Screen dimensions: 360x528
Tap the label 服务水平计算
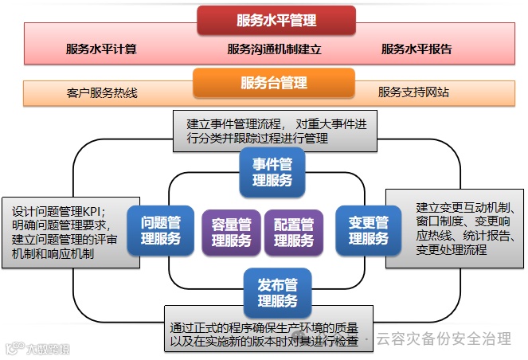(x=101, y=49)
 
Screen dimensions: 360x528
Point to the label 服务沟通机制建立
(x=274, y=49)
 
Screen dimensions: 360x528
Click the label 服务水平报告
(x=417, y=49)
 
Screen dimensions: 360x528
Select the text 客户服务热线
(x=102, y=92)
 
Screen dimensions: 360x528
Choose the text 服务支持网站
(x=413, y=92)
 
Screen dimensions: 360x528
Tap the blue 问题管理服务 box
(x=161, y=230)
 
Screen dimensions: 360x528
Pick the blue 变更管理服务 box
(x=368, y=230)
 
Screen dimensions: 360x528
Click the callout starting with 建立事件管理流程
(x=274, y=131)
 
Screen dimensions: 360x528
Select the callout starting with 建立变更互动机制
(x=453, y=227)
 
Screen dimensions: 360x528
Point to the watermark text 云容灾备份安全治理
(x=444, y=338)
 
